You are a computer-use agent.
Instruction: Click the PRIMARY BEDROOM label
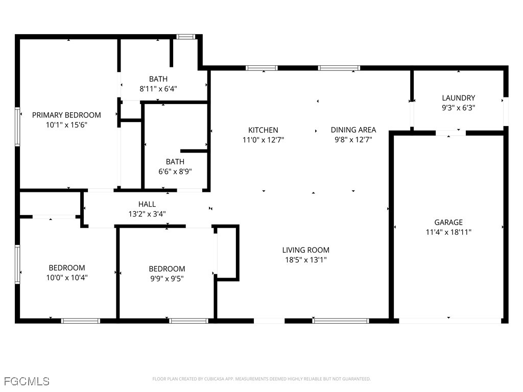coord(66,115)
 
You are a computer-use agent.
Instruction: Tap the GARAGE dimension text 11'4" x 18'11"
coord(448,232)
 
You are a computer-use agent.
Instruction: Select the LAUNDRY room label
coord(458,98)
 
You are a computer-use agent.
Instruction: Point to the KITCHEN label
coord(263,130)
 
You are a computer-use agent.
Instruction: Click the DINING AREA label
coord(353,130)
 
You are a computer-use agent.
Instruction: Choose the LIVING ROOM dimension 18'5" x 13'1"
coord(305,260)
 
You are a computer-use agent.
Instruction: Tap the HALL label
coord(147,204)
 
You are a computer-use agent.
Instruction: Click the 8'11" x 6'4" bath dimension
coord(158,88)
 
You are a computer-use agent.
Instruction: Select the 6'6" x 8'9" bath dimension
coord(175,171)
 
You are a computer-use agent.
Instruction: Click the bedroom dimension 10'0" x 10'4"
coord(67,278)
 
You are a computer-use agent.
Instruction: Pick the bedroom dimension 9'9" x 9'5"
coord(167,279)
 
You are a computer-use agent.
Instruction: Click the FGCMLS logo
coord(27,381)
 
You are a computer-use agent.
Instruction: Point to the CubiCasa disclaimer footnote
coord(261,379)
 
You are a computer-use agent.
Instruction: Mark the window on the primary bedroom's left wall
coord(17,126)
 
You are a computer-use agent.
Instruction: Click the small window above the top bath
coord(186,37)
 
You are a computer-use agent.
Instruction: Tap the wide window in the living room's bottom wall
coord(340,321)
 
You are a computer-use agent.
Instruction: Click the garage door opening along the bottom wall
coord(450,321)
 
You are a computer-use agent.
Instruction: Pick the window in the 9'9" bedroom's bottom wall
coord(188,321)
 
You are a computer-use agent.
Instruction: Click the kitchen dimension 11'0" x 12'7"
coord(263,139)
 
